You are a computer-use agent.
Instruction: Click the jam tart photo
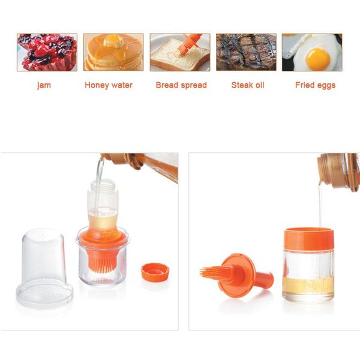pyautogui.click(x=47, y=52)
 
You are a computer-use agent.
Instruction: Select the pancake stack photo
pyautogui.click(x=113, y=52)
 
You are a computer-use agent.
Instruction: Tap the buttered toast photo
pyautogui.click(x=179, y=52)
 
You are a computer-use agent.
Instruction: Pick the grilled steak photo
pyautogui.click(x=246, y=52)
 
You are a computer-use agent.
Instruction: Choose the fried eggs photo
pyautogui.click(x=312, y=52)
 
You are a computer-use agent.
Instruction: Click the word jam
pyautogui.click(x=44, y=85)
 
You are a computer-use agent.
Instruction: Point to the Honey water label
pyautogui.click(x=109, y=85)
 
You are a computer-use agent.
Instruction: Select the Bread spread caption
pyautogui.click(x=181, y=85)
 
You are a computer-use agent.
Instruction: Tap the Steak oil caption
pyautogui.click(x=248, y=85)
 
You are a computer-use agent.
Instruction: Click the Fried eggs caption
pyautogui.click(x=315, y=85)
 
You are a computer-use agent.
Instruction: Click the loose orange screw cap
pyautogui.click(x=155, y=272)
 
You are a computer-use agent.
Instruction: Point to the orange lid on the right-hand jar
pyautogui.click(x=308, y=238)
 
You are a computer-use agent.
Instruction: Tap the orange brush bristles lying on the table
pyautogui.click(x=214, y=274)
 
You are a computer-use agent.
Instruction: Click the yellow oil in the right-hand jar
pyautogui.click(x=307, y=286)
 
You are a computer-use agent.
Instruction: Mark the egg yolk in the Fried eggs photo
pyautogui.click(x=317, y=59)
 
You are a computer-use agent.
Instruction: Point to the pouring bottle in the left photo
pyautogui.click(x=144, y=165)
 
